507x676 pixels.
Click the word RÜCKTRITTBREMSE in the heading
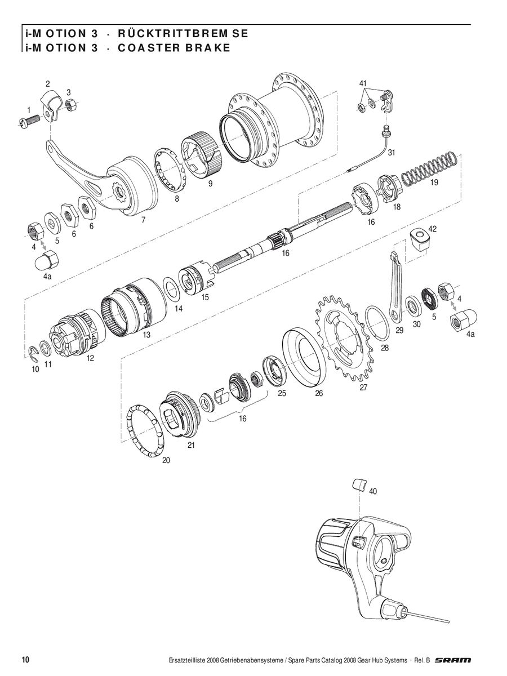pos(183,34)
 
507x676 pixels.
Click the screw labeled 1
pos(29,120)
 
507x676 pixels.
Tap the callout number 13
pos(146,335)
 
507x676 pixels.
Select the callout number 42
pos(432,229)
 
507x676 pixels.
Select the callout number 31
pos(391,153)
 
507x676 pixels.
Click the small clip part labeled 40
pos(359,484)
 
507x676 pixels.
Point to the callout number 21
pos(191,446)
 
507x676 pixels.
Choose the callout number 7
pos(143,220)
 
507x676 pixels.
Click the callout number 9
pos(210,184)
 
